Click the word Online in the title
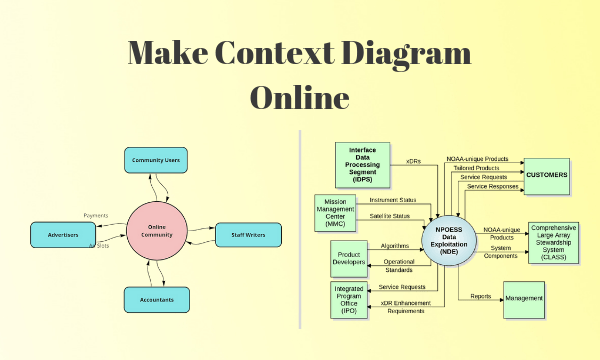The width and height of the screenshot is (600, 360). click(299, 98)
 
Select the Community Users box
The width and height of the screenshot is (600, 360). click(155, 159)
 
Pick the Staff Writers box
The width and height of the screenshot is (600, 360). click(247, 235)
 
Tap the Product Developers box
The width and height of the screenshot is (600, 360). click(349, 257)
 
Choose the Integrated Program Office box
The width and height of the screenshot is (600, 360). click(349, 299)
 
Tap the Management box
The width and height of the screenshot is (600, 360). click(524, 297)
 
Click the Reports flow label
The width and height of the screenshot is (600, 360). click(480, 296)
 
